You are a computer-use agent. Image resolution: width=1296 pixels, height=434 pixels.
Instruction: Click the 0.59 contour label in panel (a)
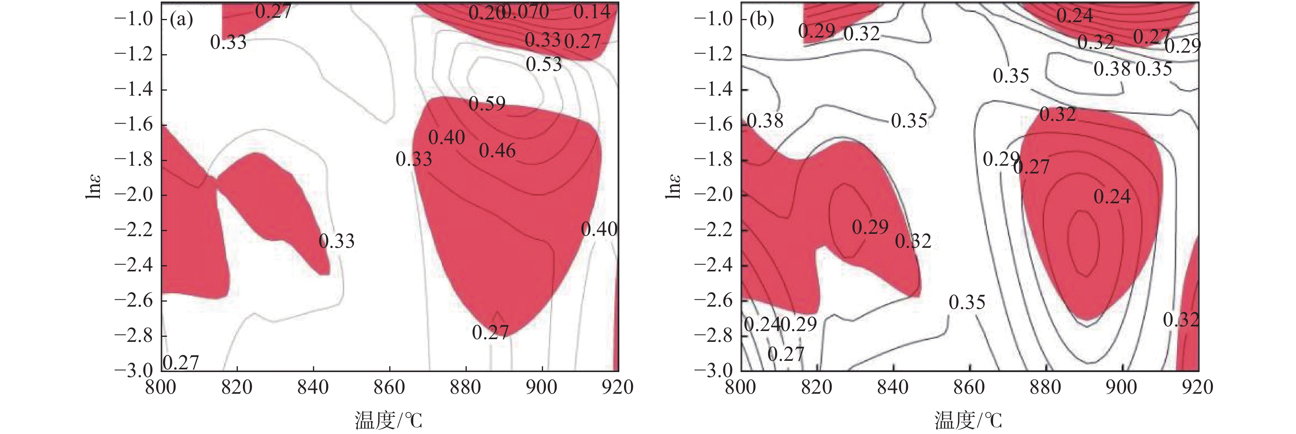[486, 104]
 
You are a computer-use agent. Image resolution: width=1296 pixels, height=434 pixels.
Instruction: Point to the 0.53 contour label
[543, 64]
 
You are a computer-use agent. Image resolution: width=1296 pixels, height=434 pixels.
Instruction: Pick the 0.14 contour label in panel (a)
[592, 12]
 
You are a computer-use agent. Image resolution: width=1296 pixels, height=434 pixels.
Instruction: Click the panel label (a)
[181, 20]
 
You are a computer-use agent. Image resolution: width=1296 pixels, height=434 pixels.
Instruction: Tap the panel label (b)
[761, 20]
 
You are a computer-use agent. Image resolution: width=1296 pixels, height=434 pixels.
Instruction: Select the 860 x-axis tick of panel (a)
[389, 387]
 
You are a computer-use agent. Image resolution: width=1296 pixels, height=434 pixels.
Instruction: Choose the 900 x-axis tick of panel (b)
[1121, 387]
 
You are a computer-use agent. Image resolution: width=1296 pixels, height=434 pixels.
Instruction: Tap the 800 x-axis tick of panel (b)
[740, 387]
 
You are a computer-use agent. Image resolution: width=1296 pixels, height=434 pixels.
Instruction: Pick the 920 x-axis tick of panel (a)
[617, 387]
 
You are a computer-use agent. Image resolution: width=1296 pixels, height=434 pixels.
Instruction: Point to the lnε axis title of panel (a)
[94, 187]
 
